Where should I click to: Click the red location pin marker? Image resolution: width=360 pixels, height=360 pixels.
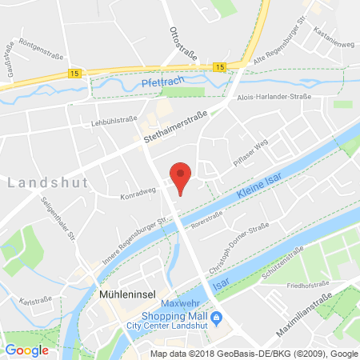[x=182, y=175]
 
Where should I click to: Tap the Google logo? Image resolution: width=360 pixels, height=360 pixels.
[x=27, y=350]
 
